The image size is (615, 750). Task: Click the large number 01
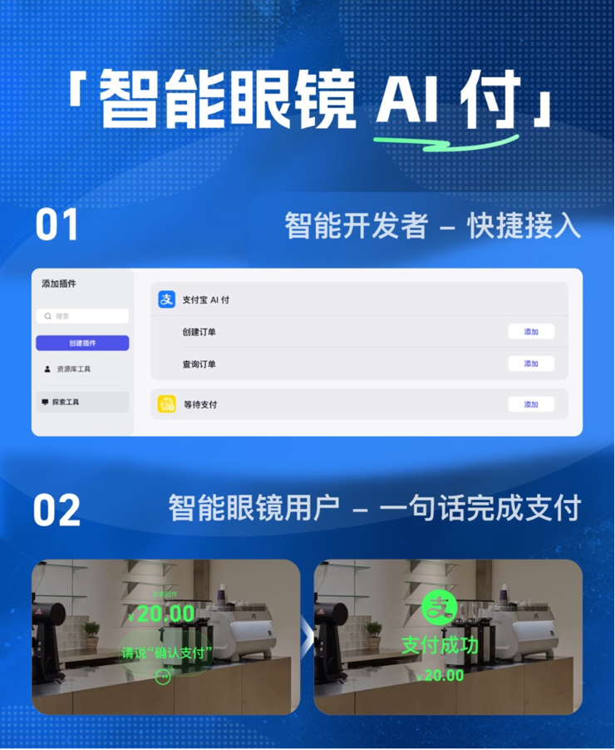pos(57,225)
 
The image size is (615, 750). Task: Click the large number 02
pos(57,511)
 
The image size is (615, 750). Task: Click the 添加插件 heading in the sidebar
pos(59,284)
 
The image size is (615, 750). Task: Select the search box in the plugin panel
pos(82,316)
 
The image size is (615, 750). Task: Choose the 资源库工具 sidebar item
pos(73,368)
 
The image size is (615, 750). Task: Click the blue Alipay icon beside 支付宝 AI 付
pos(167,299)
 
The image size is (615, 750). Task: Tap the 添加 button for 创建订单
pos(531,332)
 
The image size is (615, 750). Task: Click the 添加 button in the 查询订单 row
pos(531,363)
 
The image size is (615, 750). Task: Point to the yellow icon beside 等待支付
pos(167,404)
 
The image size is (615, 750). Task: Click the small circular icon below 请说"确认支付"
pos(163,678)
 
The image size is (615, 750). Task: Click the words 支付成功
pos(440,645)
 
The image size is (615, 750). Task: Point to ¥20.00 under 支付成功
pos(440,675)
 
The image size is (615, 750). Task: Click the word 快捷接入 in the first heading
pos(524,225)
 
